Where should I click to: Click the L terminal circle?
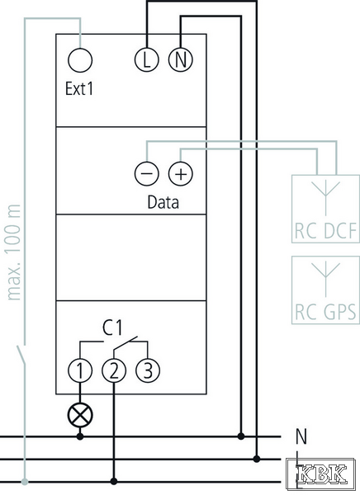click(x=146, y=59)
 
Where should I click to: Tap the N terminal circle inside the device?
click(x=180, y=59)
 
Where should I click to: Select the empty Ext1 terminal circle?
click(x=80, y=60)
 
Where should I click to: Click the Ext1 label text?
click(x=79, y=89)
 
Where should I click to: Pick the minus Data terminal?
click(x=146, y=173)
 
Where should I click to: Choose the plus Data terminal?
click(x=181, y=173)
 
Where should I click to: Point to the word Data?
click(x=163, y=202)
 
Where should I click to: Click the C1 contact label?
click(x=112, y=328)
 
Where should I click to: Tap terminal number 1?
click(x=80, y=370)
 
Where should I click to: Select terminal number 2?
click(x=114, y=370)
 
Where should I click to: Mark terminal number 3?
click(x=148, y=370)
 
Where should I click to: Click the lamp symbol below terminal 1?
click(x=80, y=415)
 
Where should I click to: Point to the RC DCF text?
click(x=325, y=231)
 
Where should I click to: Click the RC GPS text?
click(x=325, y=312)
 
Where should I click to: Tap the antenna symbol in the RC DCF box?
click(x=326, y=199)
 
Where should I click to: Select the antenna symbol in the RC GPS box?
click(x=326, y=280)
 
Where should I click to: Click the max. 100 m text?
click(x=13, y=252)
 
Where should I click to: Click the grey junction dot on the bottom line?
click(x=25, y=482)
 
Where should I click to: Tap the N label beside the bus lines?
click(x=301, y=436)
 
